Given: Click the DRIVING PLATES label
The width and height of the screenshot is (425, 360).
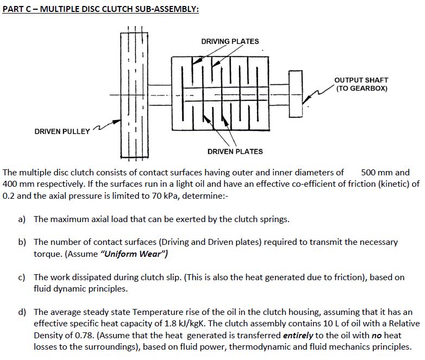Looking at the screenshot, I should coord(230,41).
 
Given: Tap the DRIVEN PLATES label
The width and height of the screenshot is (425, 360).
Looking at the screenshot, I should coord(235,151).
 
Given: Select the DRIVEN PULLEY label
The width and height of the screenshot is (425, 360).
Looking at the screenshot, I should coord(62,132).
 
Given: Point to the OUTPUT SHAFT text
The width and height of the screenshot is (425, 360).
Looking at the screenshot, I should coord(361,80).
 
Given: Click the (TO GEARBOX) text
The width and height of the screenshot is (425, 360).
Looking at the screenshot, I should coord(361,89).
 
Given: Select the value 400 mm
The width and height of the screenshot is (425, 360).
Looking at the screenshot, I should coord(19,184).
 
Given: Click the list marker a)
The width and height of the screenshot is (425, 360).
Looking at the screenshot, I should coord(22,219).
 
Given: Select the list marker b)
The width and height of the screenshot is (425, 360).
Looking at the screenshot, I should coord(22,242).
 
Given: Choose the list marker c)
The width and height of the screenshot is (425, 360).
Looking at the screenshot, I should coord(22,277).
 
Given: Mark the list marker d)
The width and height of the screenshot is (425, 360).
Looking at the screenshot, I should coord(22,312).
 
